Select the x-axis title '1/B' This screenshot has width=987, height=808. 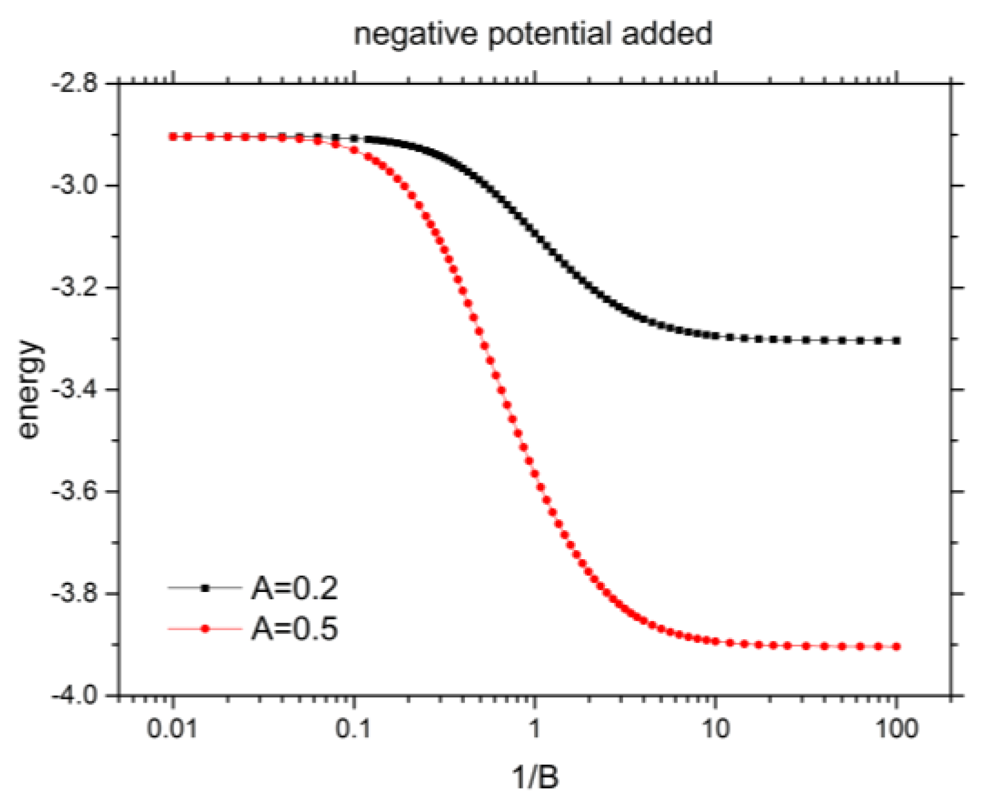click(535, 777)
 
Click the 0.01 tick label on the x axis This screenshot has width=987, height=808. click(173, 728)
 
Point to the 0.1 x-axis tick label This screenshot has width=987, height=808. click(354, 728)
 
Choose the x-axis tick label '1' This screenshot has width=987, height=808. click(535, 728)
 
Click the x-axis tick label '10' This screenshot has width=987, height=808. click(715, 728)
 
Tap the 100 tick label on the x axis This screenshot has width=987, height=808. click(896, 728)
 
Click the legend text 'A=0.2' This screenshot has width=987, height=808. click(294, 588)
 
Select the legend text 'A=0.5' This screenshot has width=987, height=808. click(294, 629)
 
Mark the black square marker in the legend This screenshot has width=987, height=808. click(205, 588)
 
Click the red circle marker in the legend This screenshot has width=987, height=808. click(205, 629)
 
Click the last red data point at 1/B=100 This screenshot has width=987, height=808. click(897, 647)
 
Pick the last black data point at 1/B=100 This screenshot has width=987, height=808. click(897, 341)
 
